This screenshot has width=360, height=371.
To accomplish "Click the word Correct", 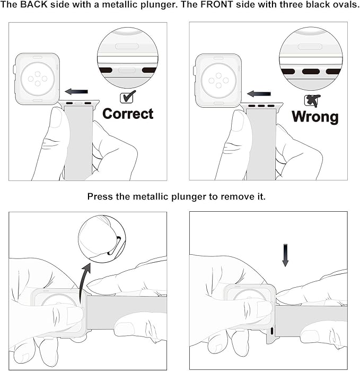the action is [x=128, y=114].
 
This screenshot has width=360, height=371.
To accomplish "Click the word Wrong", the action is [x=315, y=117].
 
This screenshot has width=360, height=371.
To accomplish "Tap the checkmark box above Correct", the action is [x=128, y=97].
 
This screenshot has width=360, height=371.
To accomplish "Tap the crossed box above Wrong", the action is [x=312, y=100].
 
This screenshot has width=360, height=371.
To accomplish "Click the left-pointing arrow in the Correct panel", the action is [x=76, y=92].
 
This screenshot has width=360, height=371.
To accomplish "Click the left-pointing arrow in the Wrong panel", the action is [x=259, y=94].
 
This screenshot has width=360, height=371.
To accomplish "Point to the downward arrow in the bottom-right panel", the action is [x=285, y=255].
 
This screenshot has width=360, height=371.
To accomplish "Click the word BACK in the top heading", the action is [x=34, y=4].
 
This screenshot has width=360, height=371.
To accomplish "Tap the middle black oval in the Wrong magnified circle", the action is [x=311, y=72].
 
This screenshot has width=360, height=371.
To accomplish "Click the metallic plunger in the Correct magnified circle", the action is [x=127, y=70].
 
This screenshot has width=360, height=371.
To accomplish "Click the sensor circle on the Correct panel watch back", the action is [x=38, y=79].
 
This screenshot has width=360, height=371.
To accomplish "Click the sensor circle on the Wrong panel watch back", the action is [x=218, y=81].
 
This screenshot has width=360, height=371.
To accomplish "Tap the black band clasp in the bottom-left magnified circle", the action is [x=114, y=246].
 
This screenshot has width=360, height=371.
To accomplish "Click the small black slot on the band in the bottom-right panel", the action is [x=271, y=331].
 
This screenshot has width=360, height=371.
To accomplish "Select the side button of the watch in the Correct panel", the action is [x=14, y=70].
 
